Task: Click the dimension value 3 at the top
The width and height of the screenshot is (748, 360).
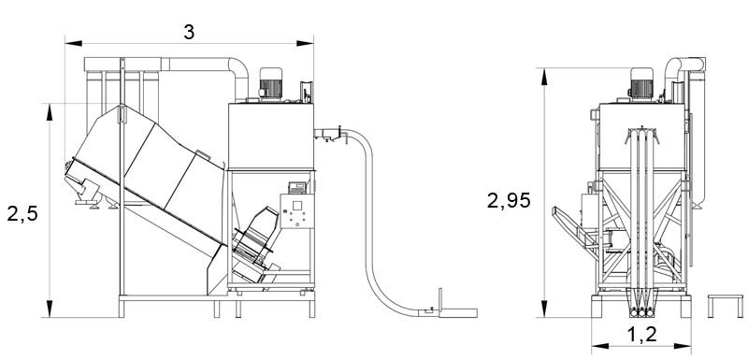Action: click(189, 32)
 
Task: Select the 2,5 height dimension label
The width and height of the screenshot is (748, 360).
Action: click(22, 213)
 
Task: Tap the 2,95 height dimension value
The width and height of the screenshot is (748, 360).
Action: click(509, 200)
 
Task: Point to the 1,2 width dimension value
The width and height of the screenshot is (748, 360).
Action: click(641, 335)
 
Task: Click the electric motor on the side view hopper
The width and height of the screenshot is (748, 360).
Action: click(270, 84)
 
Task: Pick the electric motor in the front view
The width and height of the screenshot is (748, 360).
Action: click(641, 84)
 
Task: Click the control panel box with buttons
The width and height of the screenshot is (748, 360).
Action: click(296, 210)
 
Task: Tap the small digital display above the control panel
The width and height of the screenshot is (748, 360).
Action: click(296, 187)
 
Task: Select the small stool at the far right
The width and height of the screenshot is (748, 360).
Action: click(726, 306)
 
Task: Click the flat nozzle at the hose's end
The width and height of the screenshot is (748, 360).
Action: click(457, 313)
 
